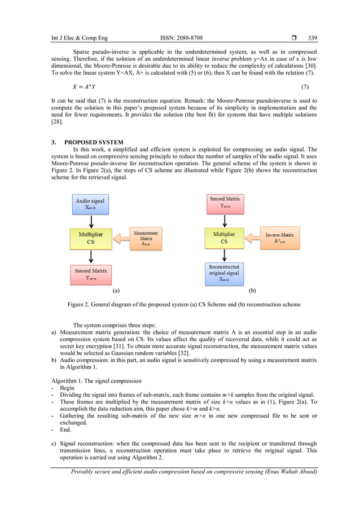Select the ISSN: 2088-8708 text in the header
181,38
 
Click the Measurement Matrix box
146,239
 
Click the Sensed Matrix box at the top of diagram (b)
225,203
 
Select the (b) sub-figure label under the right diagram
252,292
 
